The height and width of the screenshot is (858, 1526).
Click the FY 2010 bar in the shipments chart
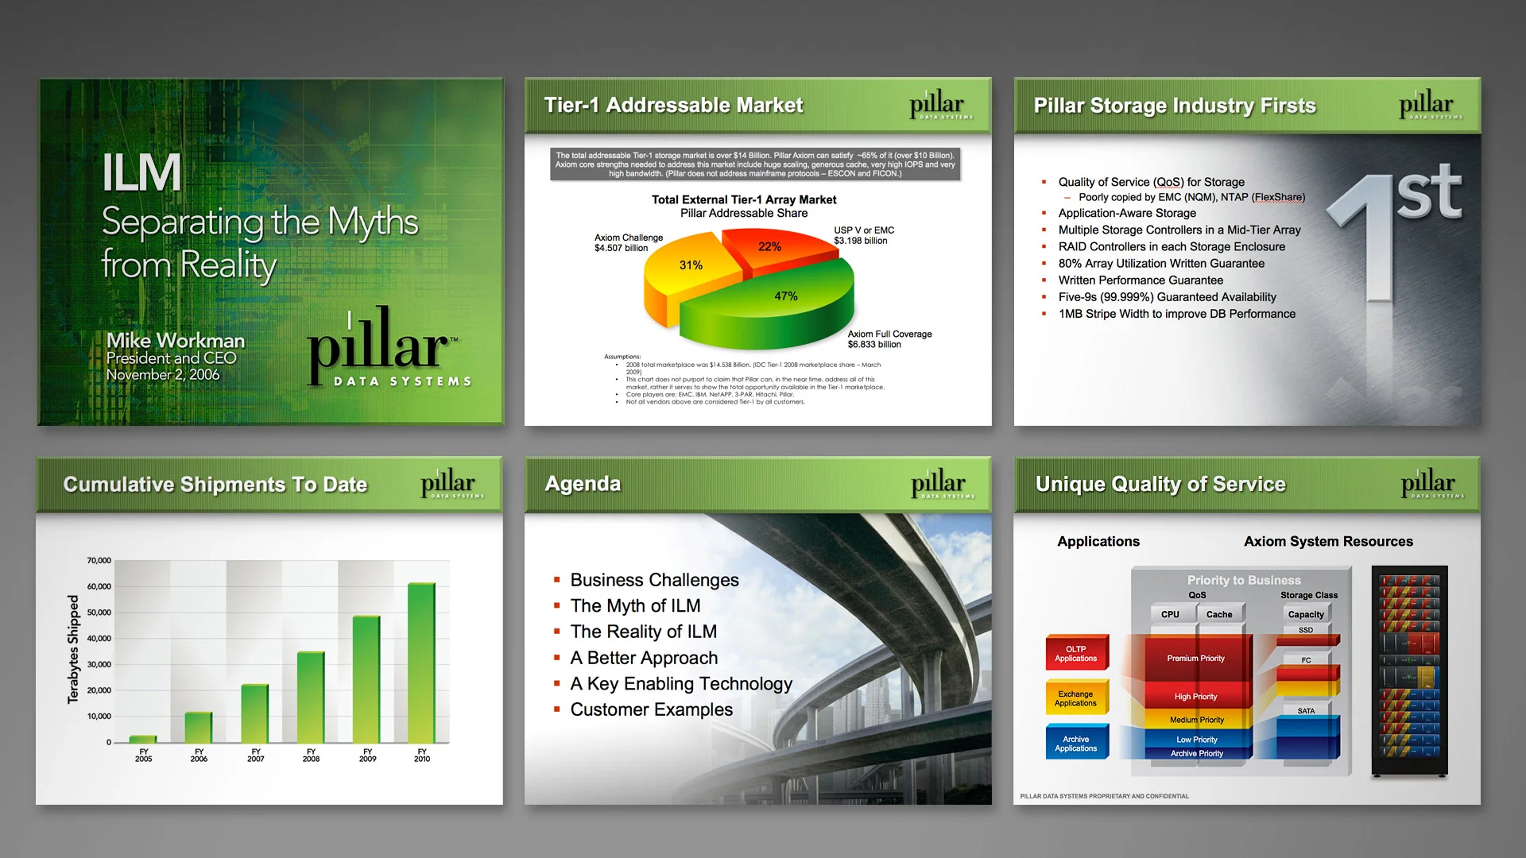click(x=421, y=663)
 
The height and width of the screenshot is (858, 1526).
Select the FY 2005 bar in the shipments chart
click(x=143, y=739)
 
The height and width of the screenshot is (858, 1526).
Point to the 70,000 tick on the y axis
click(x=99, y=561)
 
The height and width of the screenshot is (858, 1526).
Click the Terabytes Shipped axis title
click(x=73, y=649)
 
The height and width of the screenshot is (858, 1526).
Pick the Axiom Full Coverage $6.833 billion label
click(x=889, y=339)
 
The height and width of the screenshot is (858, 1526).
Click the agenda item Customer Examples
click(x=651, y=709)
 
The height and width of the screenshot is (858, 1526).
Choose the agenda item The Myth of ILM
click(x=635, y=605)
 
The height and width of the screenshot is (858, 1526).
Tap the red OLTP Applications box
click(x=1075, y=654)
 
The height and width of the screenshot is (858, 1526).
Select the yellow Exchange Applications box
click(x=1075, y=698)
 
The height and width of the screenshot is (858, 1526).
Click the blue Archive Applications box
click(x=1075, y=744)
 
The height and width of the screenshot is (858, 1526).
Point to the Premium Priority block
click(x=1195, y=659)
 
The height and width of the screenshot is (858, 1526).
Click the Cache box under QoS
click(x=1219, y=614)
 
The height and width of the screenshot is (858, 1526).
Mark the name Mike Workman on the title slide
click(x=176, y=340)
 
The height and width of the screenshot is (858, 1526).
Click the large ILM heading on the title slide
click(x=141, y=173)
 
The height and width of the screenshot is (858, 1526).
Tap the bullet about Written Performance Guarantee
click(x=1141, y=280)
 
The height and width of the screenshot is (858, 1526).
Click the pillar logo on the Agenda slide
click(x=939, y=483)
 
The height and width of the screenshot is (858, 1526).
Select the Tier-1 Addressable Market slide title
click(x=673, y=105)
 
